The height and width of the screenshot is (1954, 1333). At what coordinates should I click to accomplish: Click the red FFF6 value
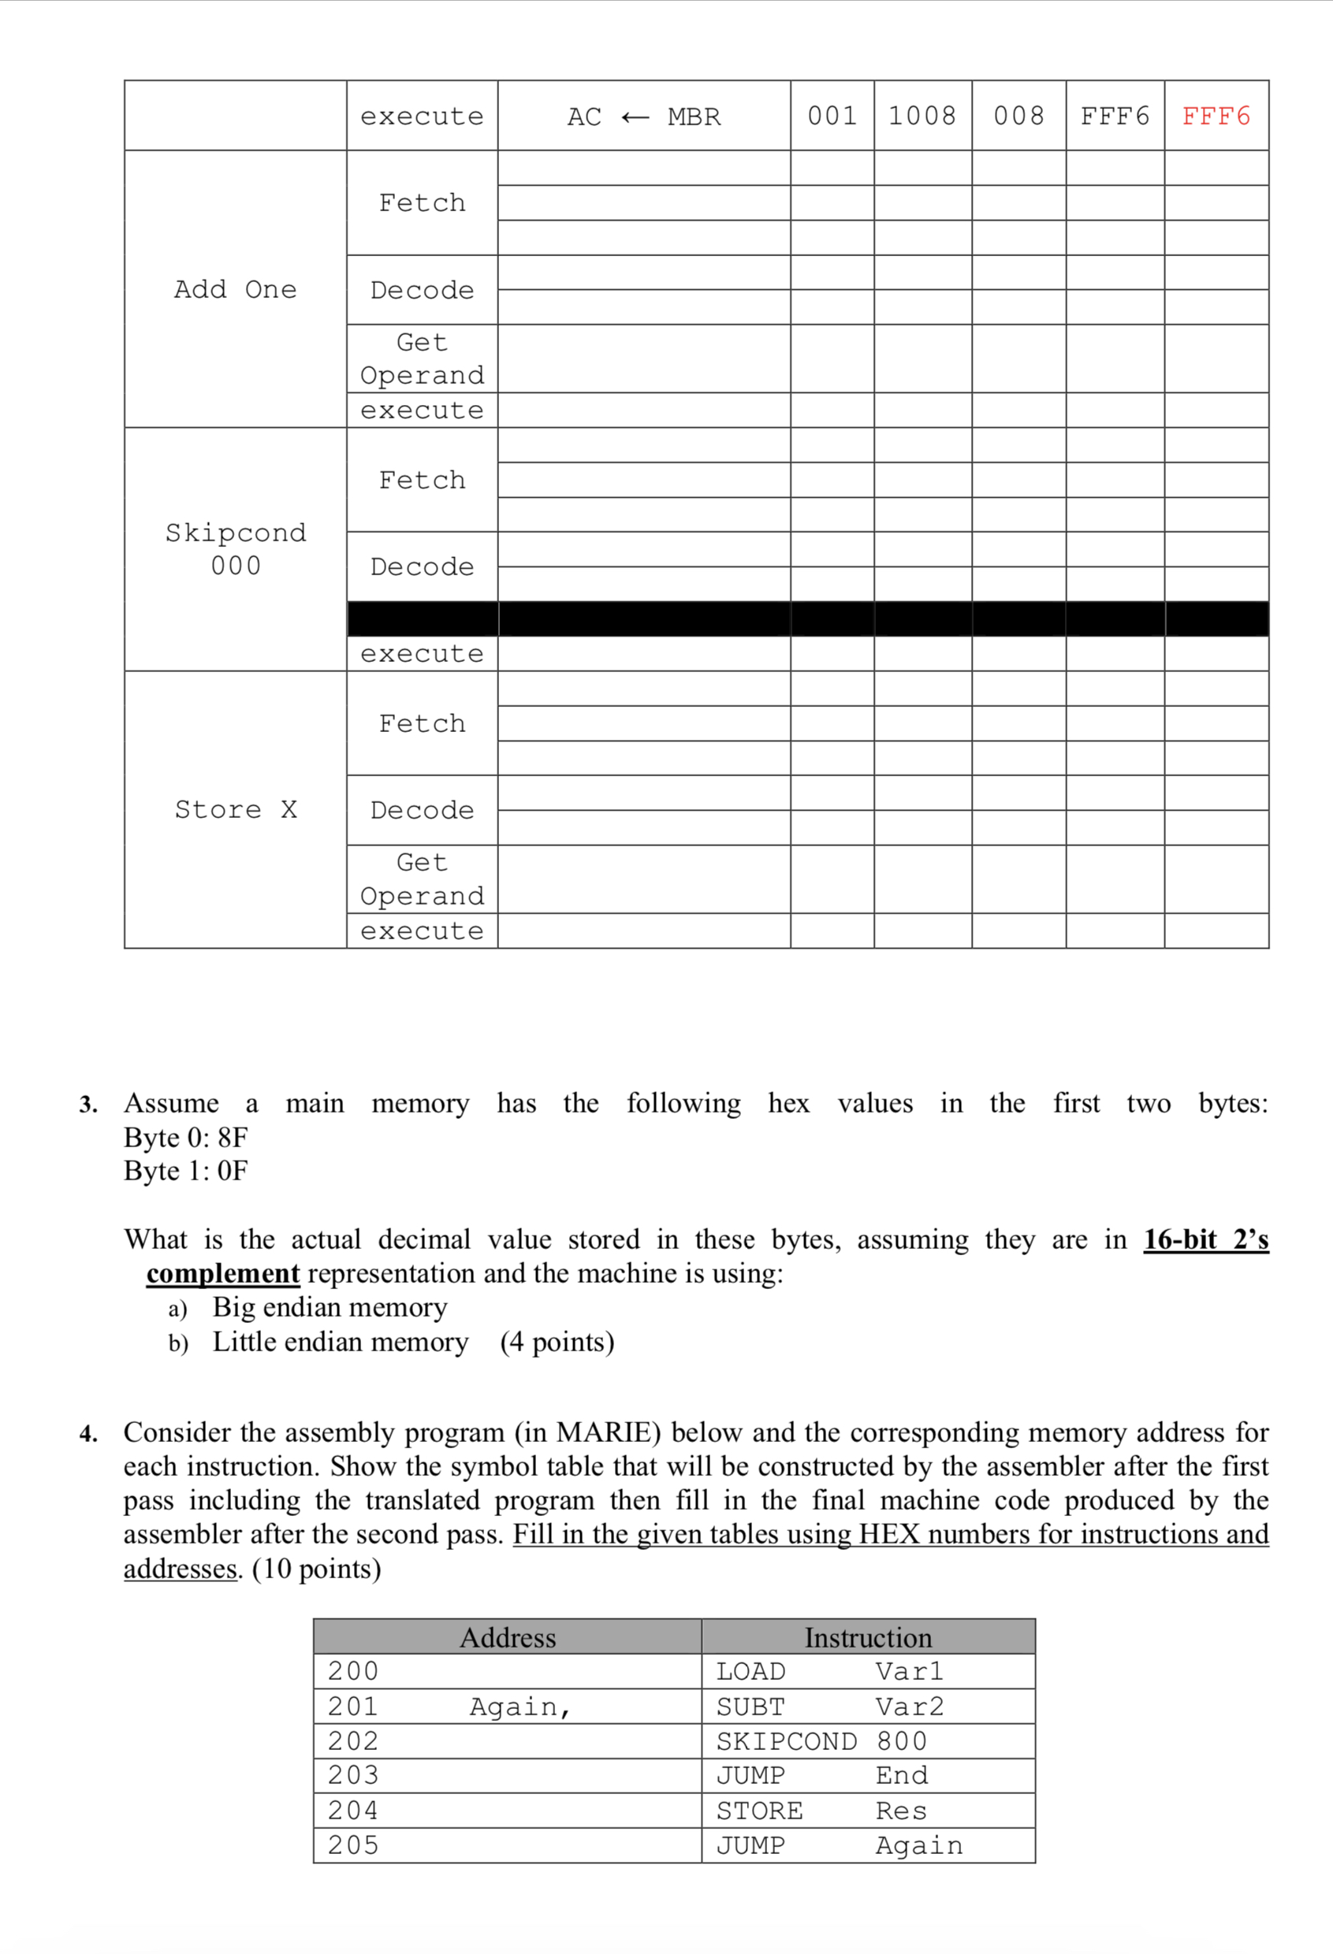[x=1216, y=116]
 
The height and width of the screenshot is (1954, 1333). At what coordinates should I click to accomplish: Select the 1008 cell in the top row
[x=922, y=116]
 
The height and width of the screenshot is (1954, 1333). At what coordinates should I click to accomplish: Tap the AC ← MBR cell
[x=643, y=117]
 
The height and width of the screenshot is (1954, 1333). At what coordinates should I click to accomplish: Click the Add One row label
[x=235, y=289]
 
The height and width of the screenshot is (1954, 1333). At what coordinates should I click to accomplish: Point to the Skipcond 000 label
[x=235, y=548]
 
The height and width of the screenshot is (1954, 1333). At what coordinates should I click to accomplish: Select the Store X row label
[x=235, y=809]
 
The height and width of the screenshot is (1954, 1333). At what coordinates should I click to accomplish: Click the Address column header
[x=507, y=1637]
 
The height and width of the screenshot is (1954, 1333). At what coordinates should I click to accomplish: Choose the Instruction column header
[x=868, y=1637]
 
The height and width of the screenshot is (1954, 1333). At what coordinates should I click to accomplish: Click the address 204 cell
[x=353, y=1811]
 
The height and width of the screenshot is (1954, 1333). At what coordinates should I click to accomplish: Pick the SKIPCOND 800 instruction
[x=821, y=1741]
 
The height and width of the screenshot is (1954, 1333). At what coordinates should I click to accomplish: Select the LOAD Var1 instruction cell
[x=829, y=1671]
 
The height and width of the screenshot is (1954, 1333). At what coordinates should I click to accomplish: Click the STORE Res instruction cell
[x=821, y=1811]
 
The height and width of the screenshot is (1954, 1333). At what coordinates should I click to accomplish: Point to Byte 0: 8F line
[x=186, y=1137]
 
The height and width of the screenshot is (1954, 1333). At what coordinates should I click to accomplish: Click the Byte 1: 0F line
[x=186, y=1170]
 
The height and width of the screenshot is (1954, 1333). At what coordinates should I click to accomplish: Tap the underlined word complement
[x=223, y=1273]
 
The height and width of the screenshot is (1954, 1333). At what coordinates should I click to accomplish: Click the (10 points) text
[x=317, y=1568]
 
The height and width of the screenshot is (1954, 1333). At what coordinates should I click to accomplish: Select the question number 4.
[x=88, y=1433]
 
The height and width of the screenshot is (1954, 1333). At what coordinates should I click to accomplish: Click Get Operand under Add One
[x=422, y=358]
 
